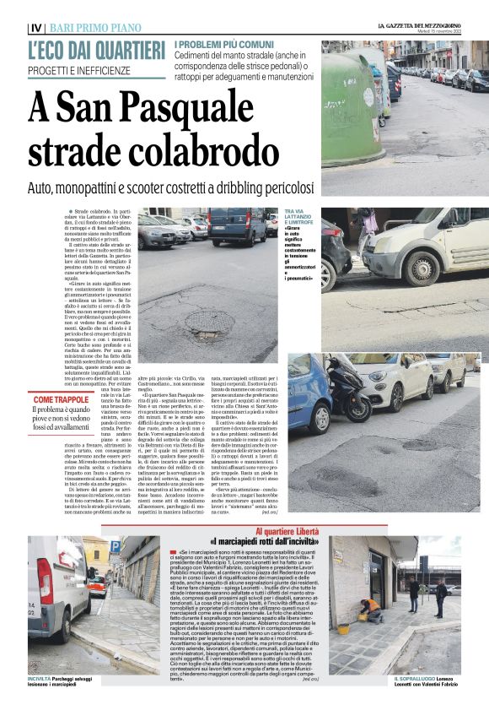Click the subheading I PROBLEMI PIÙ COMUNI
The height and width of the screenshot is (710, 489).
pos(223,44)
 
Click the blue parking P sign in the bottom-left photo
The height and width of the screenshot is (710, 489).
pos(116,548)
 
